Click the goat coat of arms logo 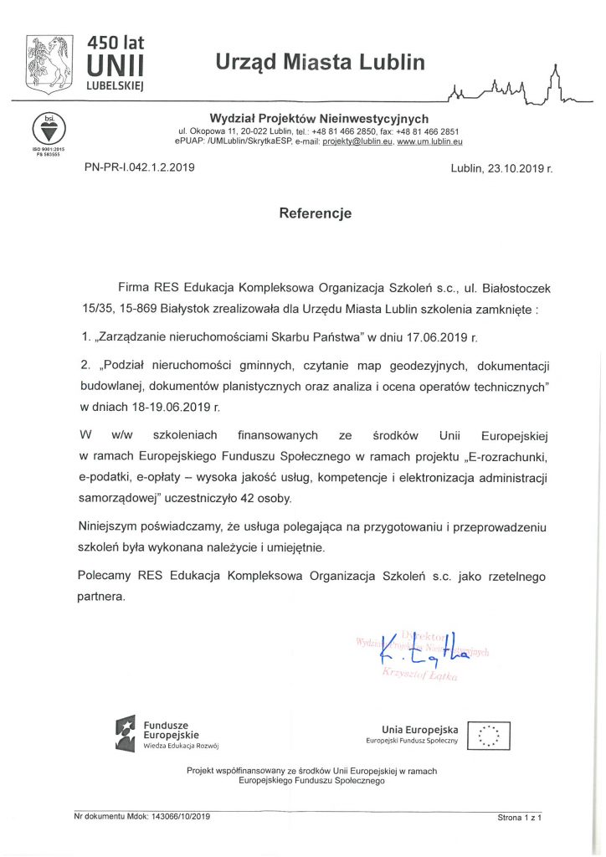[x=49, y=64]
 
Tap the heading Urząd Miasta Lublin [x=320, y=62]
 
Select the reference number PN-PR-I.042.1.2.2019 [x=139, y=168]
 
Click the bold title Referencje [x=315, y=213]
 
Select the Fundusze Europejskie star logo [x=126, y=733]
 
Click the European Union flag [x=489, y=735]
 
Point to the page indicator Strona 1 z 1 [x=520, y=816]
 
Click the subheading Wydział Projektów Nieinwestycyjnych [x=318, y=119]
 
